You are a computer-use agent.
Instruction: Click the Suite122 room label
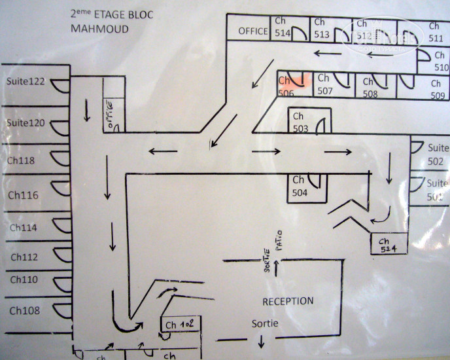click(x=26, y=82)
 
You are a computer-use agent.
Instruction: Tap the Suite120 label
click(x=26, y=123)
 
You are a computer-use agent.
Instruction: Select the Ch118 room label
click(x=21, y=160)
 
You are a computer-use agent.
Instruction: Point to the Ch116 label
click(x=23, y=195)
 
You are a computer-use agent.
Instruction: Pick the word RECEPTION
click(x=288, y=301)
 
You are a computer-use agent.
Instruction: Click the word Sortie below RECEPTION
click(x=266, y=324)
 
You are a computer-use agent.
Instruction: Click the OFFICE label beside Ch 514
click(x=253, y=31)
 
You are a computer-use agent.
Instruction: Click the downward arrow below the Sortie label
click(x=261, y=340)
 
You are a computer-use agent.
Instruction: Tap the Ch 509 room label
click(x=438, y=90)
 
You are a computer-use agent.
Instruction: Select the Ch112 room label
click(x=24, y=257)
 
